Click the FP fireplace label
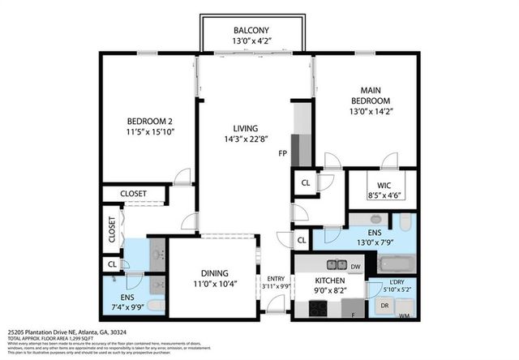[x=282, y=152]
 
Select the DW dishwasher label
[x=356, y=265]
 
